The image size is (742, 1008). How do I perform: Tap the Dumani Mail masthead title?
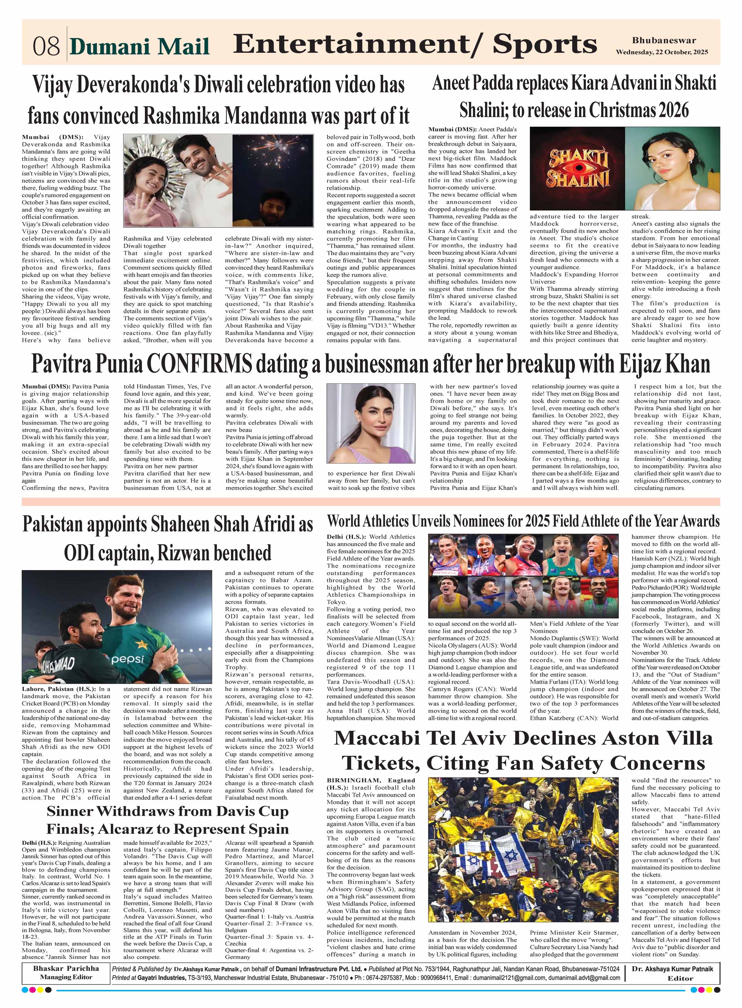coord(140,47)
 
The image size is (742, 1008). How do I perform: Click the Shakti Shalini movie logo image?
coord(577,168)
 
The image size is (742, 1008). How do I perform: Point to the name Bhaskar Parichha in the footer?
coord(66,968)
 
